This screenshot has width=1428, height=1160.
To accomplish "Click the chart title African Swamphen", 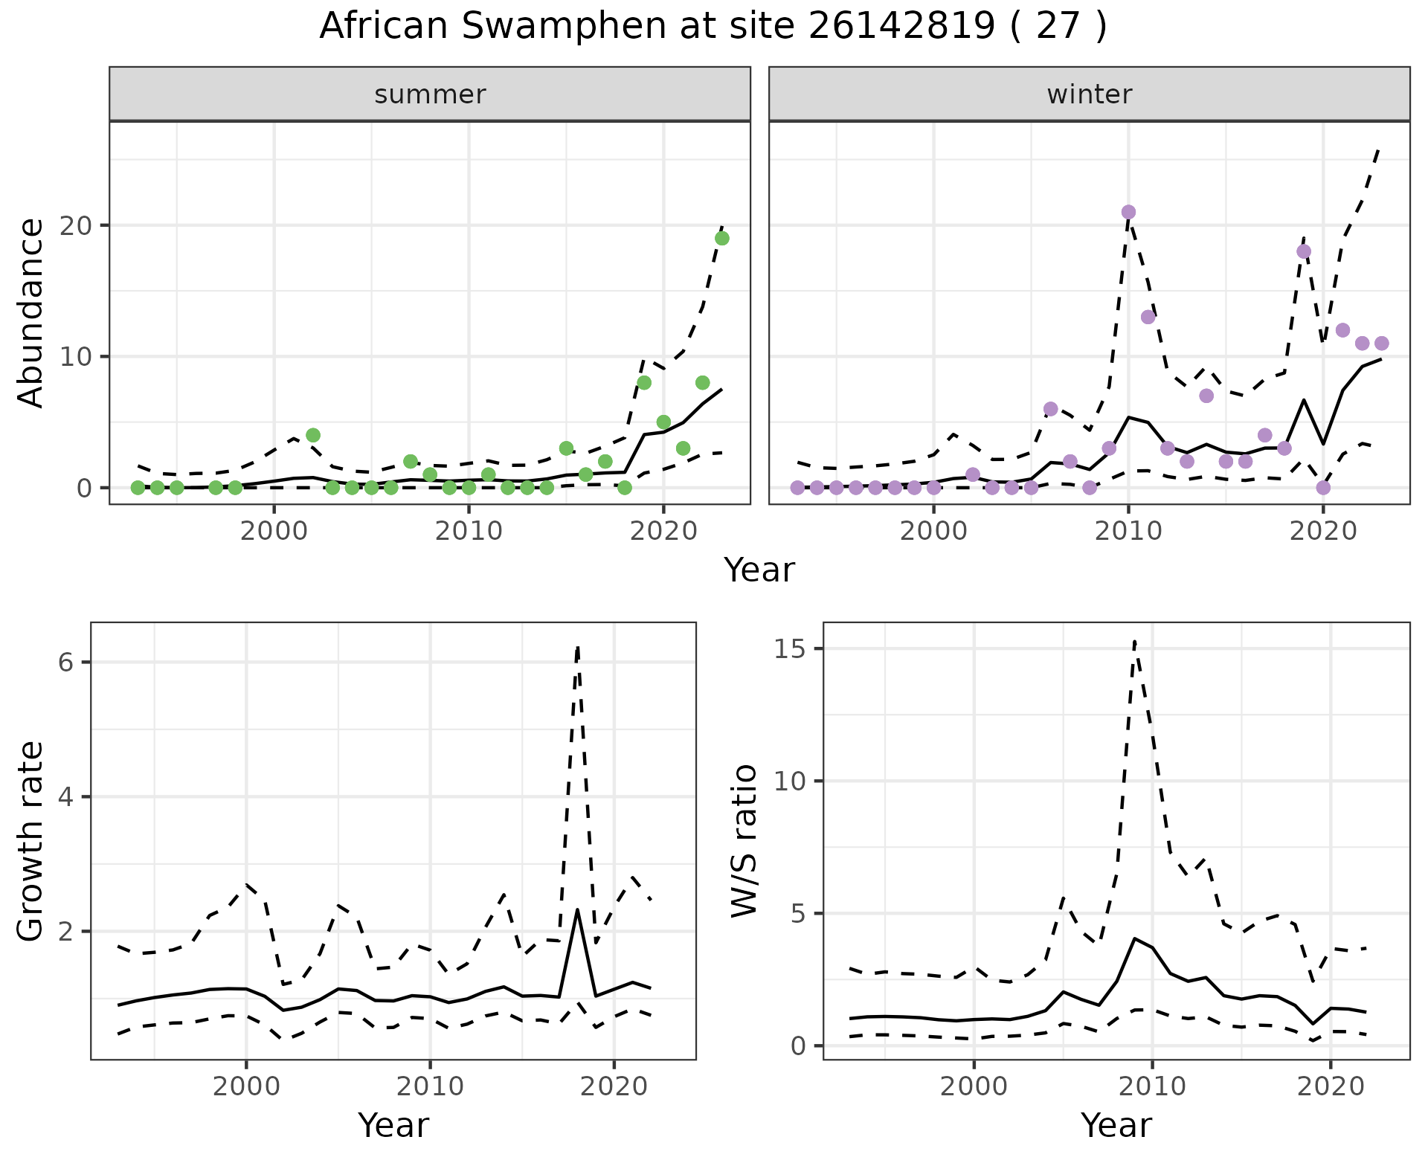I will [713, 27].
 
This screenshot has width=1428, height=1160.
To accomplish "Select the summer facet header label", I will [430, 94].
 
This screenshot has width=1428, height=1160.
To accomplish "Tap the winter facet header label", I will [1089, 94].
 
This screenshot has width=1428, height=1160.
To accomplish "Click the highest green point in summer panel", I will [721, 238].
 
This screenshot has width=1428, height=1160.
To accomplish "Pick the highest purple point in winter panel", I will [1128, 212].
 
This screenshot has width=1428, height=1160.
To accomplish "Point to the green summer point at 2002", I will [313, 435].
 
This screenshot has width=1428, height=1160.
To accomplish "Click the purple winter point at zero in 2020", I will [1323, 488].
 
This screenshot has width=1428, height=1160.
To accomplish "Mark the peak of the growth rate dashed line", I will [578, 648].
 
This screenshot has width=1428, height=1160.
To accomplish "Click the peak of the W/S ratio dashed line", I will [1134, 640].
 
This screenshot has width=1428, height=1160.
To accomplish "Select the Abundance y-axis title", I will [30, 313].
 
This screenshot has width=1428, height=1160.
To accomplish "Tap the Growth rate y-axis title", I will [30, 842].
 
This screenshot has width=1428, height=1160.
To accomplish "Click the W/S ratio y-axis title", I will [744, 842].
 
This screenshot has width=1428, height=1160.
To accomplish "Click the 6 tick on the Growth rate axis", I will [65, 663].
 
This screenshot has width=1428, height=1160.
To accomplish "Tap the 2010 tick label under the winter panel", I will [1128, 532].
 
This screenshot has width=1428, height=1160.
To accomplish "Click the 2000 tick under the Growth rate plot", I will [246, 1086].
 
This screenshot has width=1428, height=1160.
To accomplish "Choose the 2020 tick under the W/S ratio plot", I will [1331, 1086].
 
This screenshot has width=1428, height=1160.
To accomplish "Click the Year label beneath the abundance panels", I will [759, 571].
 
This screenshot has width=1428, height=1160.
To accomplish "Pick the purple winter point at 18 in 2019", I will [1304, 251].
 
